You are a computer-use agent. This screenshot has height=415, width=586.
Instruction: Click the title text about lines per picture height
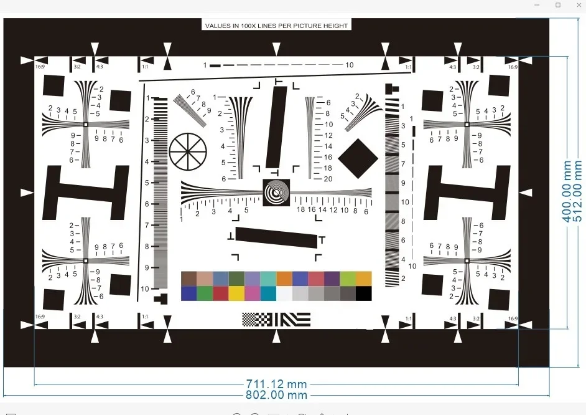[x=276, y=26]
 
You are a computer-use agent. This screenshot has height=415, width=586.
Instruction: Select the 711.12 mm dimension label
[x=276, y=384]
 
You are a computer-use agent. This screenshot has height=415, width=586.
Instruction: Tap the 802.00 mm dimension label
[x=276, y=395]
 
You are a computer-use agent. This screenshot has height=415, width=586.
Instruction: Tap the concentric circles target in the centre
[x=276, y=192]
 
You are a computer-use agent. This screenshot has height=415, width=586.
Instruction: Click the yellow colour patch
[x=236, y=293]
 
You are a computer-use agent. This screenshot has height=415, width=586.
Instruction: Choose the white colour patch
[x=284, y=293]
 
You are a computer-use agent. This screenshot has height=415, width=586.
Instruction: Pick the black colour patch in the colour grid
[x=364, y=293]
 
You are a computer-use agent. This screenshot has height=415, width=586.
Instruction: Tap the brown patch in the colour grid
[x=188, y=279]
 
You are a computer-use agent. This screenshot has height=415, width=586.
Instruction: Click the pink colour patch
[x=253, y=293]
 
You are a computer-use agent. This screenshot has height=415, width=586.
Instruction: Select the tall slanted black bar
[x=277, y=127]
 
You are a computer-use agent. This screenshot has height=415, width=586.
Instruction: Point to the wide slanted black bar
[x=277, y=237]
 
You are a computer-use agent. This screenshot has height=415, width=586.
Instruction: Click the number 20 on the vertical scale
[x=328, y=179]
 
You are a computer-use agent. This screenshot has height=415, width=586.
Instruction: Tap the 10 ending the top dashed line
[x=350, y=65]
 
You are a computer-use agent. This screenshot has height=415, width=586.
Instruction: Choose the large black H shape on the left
[x=85, y=193]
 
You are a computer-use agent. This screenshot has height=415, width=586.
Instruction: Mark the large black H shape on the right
[x=467, y=193]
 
